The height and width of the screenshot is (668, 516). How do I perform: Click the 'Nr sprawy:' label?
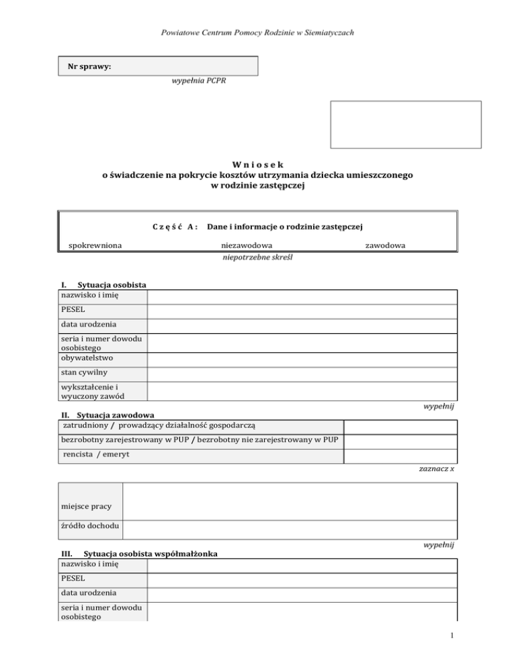coord(89,67)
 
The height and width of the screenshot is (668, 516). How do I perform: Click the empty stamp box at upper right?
coord(405,124)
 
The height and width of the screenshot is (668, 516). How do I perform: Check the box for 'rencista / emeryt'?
coord(400,456)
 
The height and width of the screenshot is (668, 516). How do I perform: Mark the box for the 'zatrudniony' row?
coord(400,426)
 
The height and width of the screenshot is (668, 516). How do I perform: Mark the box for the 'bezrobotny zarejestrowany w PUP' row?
coord(400,441)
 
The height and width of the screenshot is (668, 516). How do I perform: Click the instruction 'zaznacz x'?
coord(437,468)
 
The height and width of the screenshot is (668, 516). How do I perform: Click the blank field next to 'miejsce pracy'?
coord(290,503)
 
